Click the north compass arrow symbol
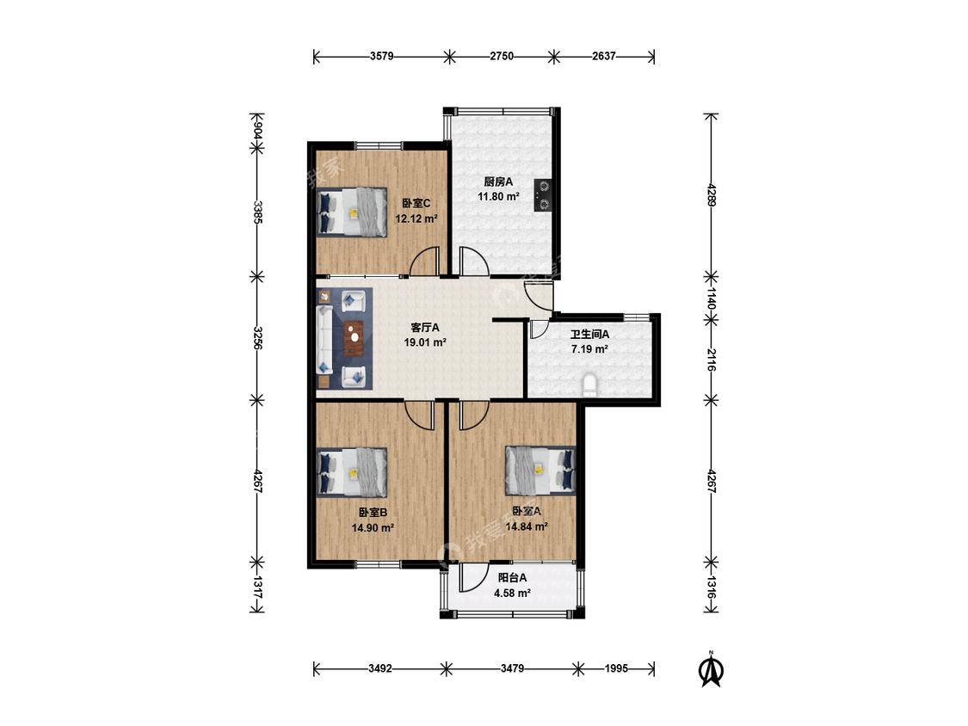pyautogui.click(x=711, y=669)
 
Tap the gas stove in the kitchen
pyautogui.click(x=543, y=196)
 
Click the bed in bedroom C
pyautogui.click(x=352, y=212)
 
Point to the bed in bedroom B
pyautogui.click(x=352, y=472)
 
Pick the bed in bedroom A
pyautogui.click(x=540, y=471)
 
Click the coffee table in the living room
pyautogui.click(x=355, y=338)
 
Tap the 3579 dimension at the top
pyautogui.click(x=381, y=56)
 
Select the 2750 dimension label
pyautogui.click(x=502, y=56)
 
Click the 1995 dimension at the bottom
pyautogui.click(x=616, y=668)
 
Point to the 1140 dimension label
pyautogui.click(x=711, y=298)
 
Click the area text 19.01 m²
pyautogui.click(x=425, y=342)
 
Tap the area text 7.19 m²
pyautogui.click(x=589, y=349)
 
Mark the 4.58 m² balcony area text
pyautogui.click(x=513, y=594)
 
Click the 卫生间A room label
pyautogui.click(x=589, y=335)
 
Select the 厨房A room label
pyautogui.click(x=498, y=181)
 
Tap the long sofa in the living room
pyautogui.click(x=324, y=339)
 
